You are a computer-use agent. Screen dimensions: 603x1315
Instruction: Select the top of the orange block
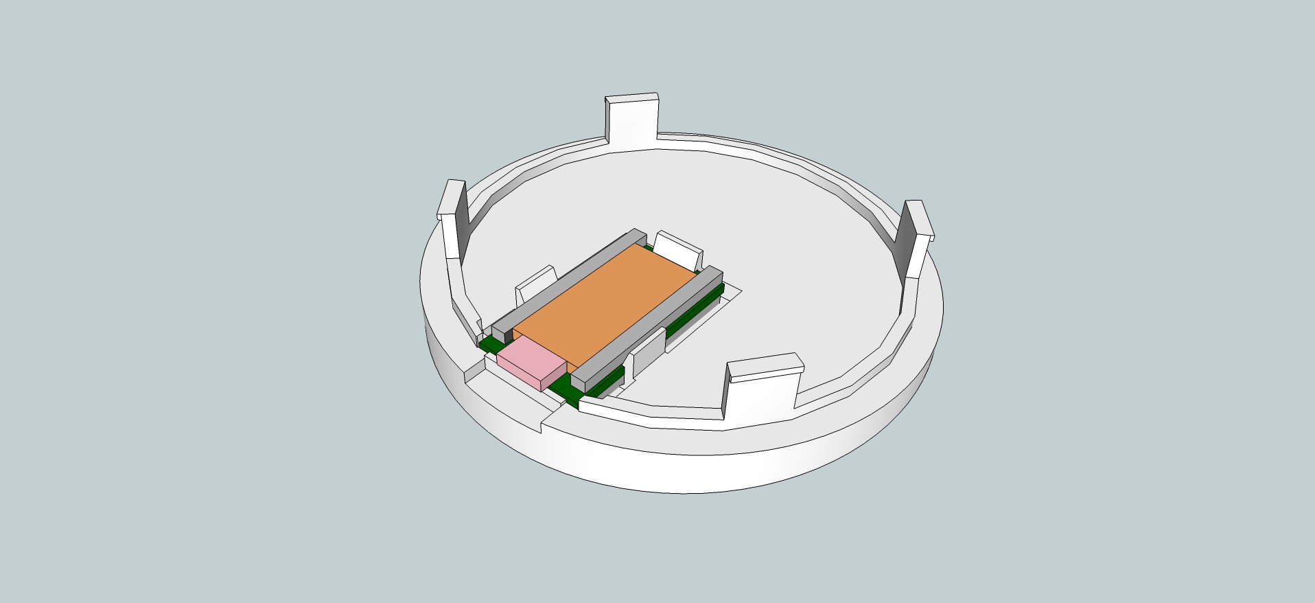[x=604, y=302]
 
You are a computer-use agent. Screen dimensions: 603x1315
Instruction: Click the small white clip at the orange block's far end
[x=678, y=249]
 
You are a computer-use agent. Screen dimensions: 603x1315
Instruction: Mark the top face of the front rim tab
[x=765, y=364]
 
